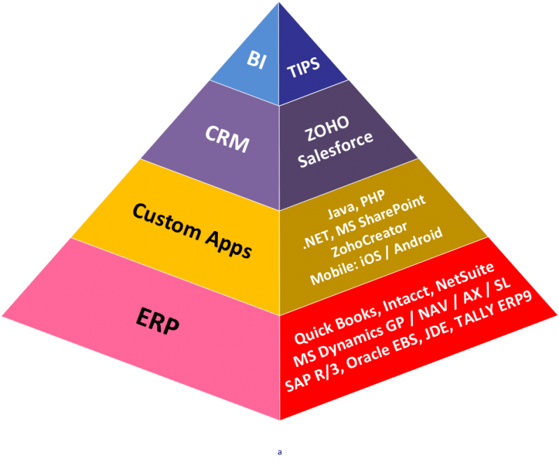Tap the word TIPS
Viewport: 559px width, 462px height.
(303, 65)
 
